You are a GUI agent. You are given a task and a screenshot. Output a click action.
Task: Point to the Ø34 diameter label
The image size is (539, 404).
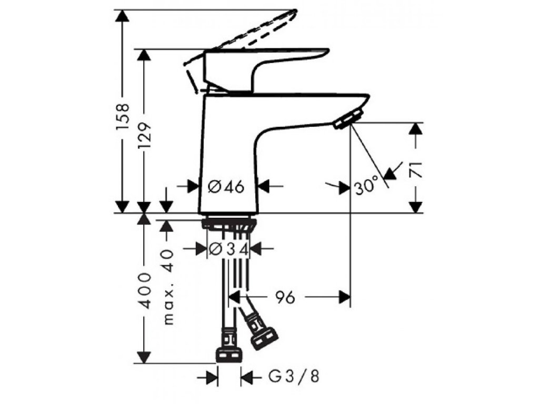228,249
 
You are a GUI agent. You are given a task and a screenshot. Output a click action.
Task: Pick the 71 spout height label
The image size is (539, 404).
416,169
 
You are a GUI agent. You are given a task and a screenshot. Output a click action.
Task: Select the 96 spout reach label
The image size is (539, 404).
284,298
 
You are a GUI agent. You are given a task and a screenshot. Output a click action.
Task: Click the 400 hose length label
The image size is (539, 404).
145,290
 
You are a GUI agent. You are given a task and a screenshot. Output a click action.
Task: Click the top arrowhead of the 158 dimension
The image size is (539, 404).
123,16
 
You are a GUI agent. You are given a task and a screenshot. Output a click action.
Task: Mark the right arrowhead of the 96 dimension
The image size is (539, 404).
344,297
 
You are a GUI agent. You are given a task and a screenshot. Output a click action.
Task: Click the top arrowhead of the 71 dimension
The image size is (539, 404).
416,129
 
